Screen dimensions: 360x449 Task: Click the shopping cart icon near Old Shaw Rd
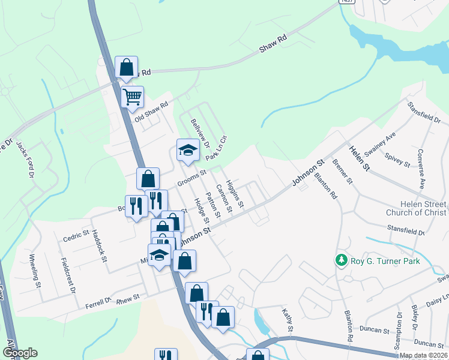coord(132,95)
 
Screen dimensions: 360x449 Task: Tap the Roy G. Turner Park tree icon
coord(342,260)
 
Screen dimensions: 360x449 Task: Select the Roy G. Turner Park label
coord(386,261)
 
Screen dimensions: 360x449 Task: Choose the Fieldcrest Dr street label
coord(68,275)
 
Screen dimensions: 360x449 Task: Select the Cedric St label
coord(76,236)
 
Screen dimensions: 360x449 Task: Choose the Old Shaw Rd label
coord(152,110)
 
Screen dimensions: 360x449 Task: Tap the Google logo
coord(20,353)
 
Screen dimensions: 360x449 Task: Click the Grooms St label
coord(191,178)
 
